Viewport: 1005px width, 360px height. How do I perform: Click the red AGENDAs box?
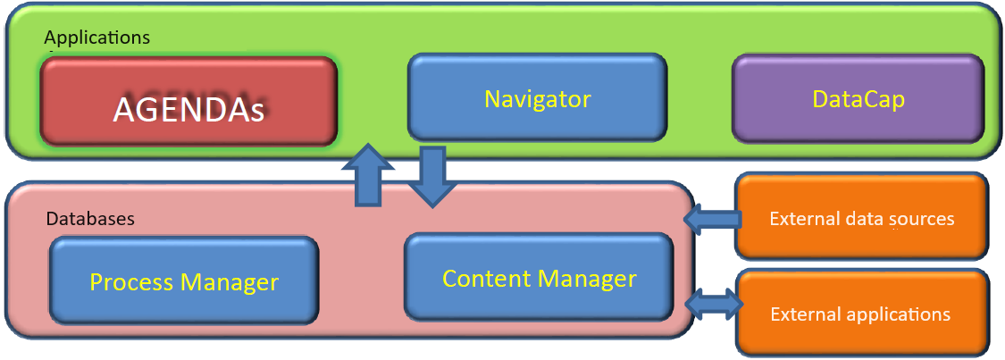(x=188, y=101)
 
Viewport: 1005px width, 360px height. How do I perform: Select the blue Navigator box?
(x=537, y=97)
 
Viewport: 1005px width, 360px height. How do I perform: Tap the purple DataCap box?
(x=858, y=98)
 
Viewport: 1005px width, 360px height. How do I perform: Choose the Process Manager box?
(x=184, y=281)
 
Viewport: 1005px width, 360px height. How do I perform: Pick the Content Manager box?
(x=539, y=278)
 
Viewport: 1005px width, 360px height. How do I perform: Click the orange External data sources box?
(x=861, y=218)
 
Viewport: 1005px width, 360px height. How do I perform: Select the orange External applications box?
(x=861, y=314)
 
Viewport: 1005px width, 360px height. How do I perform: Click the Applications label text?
(x=96, y=38)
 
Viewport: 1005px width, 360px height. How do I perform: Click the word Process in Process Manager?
(x=132, y=282)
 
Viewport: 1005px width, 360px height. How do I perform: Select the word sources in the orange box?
(x=924, y=219)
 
